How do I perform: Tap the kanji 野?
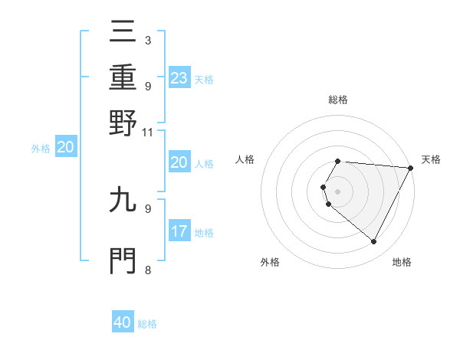(123, 122)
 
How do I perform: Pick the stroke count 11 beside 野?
(148, 131)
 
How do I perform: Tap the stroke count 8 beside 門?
(147, 269)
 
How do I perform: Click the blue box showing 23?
(179, 77)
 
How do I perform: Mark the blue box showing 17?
(179, 231)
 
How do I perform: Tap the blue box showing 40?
(123, 322)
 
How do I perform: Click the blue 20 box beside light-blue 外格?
(66, 148)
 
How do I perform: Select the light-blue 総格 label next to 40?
(147, 324)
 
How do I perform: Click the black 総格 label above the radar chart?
(338, 100)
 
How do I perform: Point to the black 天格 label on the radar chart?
(431, 159)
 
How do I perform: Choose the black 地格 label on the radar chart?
(402, 262)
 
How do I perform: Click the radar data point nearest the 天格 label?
(410, 168)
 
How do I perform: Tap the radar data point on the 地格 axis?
(374, 242)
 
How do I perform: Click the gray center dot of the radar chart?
(338, 191)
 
